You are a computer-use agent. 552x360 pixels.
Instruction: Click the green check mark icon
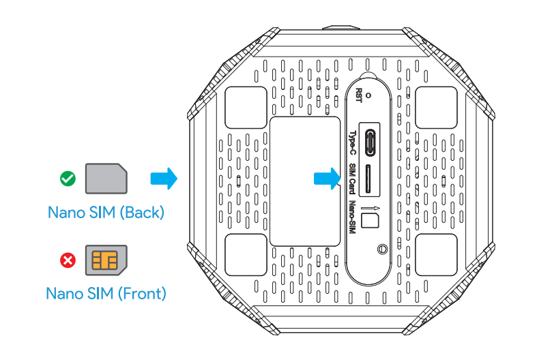[x=68, y=179]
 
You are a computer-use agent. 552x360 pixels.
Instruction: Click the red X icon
[x=68, y=260]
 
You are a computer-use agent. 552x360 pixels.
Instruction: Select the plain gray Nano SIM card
[x=106, y=179]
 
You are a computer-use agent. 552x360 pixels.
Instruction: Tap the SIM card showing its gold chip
[x=106, y=260]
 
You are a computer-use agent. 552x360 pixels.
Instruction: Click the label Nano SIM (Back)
[x=106, y=212]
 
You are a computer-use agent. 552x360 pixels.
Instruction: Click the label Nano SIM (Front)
[x=106, y=294]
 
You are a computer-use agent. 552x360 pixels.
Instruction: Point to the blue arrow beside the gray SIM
[x=163, y=179]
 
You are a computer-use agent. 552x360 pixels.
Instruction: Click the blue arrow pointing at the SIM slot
[x=326, y=179]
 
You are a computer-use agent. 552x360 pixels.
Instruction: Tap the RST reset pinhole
[x=369, y=95]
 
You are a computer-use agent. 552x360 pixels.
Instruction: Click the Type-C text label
[x=353, y=143]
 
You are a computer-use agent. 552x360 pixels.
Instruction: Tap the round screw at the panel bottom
[x=381, y=250]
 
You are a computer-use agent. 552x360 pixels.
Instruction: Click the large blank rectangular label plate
[x=305, y=181]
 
